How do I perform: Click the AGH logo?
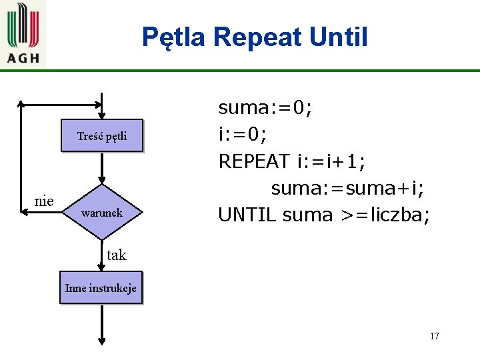click(23, 33)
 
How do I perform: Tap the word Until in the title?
click(339, 37)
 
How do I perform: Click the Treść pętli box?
click(101, 137)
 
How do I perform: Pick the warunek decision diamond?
click(101, 213)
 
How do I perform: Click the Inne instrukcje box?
click(101, 288)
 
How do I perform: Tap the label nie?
click(44, 200)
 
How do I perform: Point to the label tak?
click(116, 255)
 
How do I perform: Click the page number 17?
click(434, 336)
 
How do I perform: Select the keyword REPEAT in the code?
click(254, 161)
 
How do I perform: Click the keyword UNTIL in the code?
click(247, 215)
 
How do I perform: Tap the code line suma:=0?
click(265, 107)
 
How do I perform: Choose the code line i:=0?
click(243, 135)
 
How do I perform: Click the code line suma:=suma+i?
click(347, 188)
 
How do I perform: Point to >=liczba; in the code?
click(385, 215)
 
